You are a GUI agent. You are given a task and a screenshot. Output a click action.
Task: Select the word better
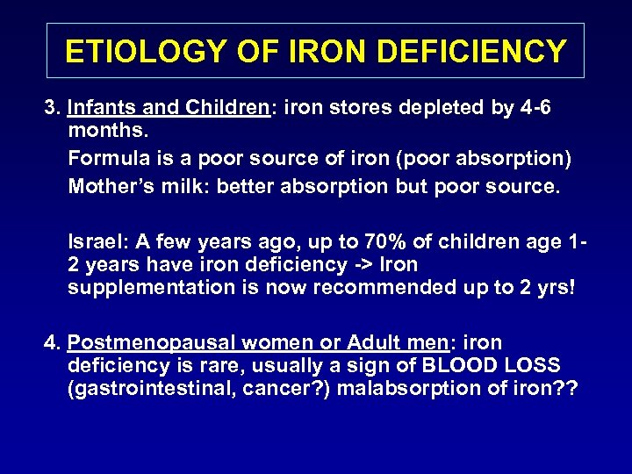tap(241, 187)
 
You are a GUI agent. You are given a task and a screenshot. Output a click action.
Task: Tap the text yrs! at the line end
tap(556, 288)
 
